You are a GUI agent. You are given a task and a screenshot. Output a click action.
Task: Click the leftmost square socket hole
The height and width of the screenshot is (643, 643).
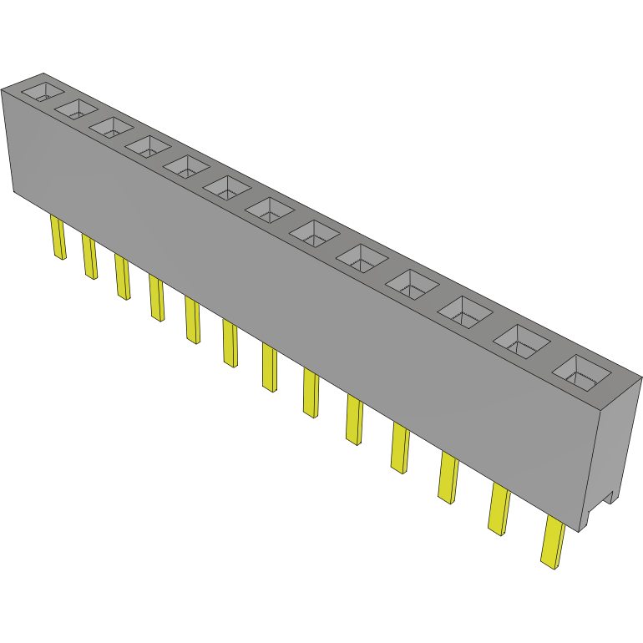click(x=43, y=92)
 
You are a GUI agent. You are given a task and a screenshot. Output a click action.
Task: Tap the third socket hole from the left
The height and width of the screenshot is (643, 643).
click(x=112, y=128)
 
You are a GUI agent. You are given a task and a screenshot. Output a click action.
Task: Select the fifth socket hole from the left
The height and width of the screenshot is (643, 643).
click(x=186, y=165)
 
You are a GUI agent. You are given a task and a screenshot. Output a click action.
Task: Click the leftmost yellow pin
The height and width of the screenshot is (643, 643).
click(x=58, y=237)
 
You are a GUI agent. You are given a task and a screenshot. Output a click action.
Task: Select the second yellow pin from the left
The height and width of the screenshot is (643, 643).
click(x=89, y=256)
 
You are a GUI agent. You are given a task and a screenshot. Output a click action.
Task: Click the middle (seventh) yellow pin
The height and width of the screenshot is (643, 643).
click(x=269, y=367)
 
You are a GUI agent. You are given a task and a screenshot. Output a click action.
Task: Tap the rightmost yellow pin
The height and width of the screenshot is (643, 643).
click(x=553, y=543)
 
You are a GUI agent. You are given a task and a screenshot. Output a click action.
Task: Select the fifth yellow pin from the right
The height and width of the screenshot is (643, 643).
click(x=354, y=420)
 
